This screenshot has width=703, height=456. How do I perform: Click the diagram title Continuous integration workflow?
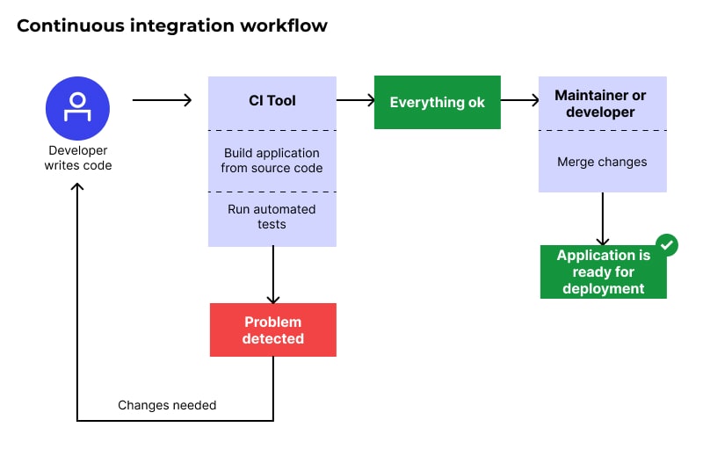(x=172, y=25)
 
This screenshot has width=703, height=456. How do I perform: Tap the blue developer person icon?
(x=78, y=108)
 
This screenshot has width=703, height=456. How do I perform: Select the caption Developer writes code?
(x=78, y=158)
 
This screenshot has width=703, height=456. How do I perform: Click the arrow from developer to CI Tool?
(x=162, y=101)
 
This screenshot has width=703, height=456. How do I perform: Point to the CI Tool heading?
(x=272, y=101)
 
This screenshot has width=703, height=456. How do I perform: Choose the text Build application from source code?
(x=272, y=160)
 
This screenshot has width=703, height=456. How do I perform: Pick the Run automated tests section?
(x=272, y=216)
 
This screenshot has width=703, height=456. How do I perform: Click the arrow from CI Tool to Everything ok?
(x=356, y=101)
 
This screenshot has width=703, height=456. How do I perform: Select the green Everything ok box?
(x=438, y=103)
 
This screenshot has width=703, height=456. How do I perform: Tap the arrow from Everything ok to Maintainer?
(x=519, y=101)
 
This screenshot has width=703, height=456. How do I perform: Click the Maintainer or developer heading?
(x=602, y=103)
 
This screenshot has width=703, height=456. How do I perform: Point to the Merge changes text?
(x=602, y=162)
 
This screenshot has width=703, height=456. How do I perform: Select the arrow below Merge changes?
(x=602, y=219)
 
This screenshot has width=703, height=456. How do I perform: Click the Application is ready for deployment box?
(x=603, y=272)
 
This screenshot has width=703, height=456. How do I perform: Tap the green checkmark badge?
(x=667, y=245)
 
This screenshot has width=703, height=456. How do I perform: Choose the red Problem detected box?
(x=272, y=330)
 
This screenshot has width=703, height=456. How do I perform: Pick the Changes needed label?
(x=167, y=405)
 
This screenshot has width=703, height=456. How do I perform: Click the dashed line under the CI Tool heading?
(x=272, y=130)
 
